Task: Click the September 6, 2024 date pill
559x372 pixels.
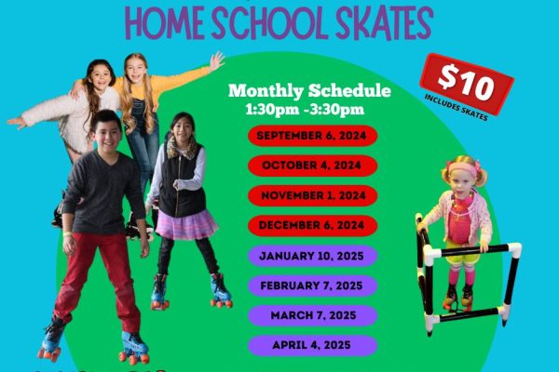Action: click(x=313, y=136)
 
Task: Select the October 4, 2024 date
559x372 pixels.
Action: click(x=313, y=166)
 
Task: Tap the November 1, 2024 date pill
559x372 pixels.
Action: click(x=313, y=195)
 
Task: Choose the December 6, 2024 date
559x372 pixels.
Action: click(x=313, y=225)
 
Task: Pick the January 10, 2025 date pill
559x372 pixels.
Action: click(x=313, y=256)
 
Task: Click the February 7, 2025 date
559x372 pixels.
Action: click(x=313, y=286)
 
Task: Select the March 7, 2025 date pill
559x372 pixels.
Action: click(x=313, y=316)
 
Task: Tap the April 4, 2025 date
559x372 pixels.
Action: click(x=313, y=346)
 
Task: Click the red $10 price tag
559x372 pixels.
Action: click(x=467, y=84)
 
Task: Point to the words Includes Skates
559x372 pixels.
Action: click(x=456, y=108)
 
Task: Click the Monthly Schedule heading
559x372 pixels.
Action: click(x=309, y=91)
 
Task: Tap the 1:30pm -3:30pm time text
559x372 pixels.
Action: click(x=305, y=110)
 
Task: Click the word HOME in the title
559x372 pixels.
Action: click(x=164, y=23)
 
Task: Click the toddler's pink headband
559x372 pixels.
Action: click(x=462, y=168)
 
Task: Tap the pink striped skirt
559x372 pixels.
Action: click(x=186, y=224)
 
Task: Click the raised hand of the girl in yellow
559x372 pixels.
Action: click(x=216, y=60)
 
